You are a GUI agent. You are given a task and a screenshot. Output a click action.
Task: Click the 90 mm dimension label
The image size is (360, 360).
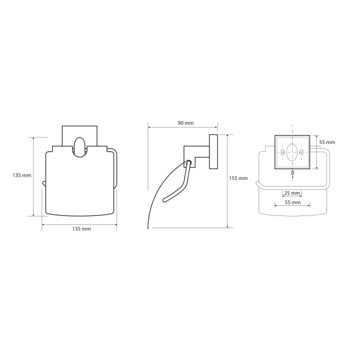(x=186, y=123)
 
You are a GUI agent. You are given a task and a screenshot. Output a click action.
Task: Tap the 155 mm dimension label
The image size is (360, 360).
(x=238, y=178)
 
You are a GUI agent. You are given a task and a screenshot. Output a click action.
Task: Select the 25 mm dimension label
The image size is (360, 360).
(x=292, y=193)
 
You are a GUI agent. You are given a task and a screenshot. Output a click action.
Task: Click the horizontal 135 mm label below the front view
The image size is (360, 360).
(x=82, y=229)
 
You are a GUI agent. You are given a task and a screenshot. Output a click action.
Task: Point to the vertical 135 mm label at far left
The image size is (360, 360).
(x=22, y=175)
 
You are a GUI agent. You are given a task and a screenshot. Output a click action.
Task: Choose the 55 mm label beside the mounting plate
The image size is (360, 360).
(x=327, y=142)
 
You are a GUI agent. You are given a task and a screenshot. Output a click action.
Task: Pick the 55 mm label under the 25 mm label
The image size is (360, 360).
(x=293, y=203)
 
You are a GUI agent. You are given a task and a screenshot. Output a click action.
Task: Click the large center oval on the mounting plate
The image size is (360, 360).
(x=292, y=152)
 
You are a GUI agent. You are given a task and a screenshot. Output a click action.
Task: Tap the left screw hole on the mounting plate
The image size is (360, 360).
(x=283, y=152)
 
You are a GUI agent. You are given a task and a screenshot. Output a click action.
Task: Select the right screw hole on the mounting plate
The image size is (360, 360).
(x=302, y=152)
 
